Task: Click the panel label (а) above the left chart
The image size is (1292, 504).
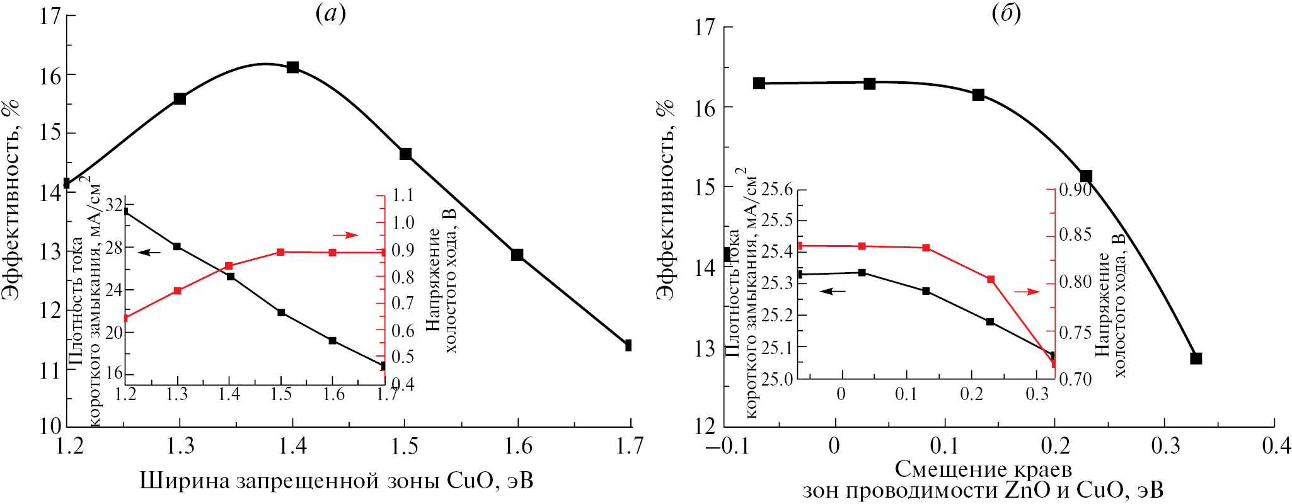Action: (x=331, y=14)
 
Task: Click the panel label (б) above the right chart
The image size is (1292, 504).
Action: (x=1006, y=14)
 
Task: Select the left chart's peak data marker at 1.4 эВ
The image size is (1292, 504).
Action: (x=292, y=67)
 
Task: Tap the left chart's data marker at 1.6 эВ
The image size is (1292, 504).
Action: (x=517, y=255)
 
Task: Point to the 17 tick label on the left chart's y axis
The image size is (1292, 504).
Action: (x=50, y=16)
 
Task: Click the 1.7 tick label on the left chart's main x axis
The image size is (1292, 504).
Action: (x=629, y=446)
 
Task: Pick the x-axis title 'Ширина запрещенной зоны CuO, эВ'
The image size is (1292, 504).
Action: (x=336, y=481)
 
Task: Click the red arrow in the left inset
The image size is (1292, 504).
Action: (x=345, y=235)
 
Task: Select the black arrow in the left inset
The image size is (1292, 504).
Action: (x=149, y=253)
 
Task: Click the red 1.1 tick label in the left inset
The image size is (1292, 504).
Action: (x=403, y=195)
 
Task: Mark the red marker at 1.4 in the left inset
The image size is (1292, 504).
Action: (x=229, y=266)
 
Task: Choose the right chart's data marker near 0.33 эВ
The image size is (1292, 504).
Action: (x=1196, y=358)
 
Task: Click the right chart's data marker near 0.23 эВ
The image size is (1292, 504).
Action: (x=1086, y=176)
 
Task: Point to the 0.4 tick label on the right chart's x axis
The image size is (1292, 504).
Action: (x=1276, y=446)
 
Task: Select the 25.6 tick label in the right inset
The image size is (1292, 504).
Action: (x=777, y=189)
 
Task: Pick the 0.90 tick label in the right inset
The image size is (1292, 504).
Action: (x=1075, y=189)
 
